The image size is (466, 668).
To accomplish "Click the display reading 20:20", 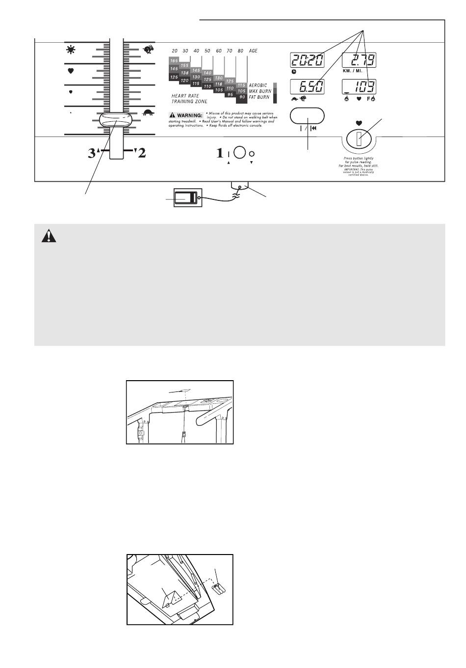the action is [307, 61].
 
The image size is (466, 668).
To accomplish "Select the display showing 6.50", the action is [307, 87].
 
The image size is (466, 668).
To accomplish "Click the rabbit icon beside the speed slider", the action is [148, 50].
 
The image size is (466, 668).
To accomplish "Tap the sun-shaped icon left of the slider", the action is [71, 49].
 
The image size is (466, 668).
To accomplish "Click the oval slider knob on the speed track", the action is [116, 120].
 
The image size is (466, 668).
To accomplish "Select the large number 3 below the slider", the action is [92, 153].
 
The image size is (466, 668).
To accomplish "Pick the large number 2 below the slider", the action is [142, 153].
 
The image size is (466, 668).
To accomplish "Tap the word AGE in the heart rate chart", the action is [253, 51].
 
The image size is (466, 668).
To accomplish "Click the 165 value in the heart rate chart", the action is [174, 60].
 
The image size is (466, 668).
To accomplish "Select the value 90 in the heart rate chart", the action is [242, 98].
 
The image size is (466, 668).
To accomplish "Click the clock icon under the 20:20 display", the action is [294, 71].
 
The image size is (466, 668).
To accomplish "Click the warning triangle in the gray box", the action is [49, 237].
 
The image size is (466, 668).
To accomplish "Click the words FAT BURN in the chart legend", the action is [259, 97].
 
